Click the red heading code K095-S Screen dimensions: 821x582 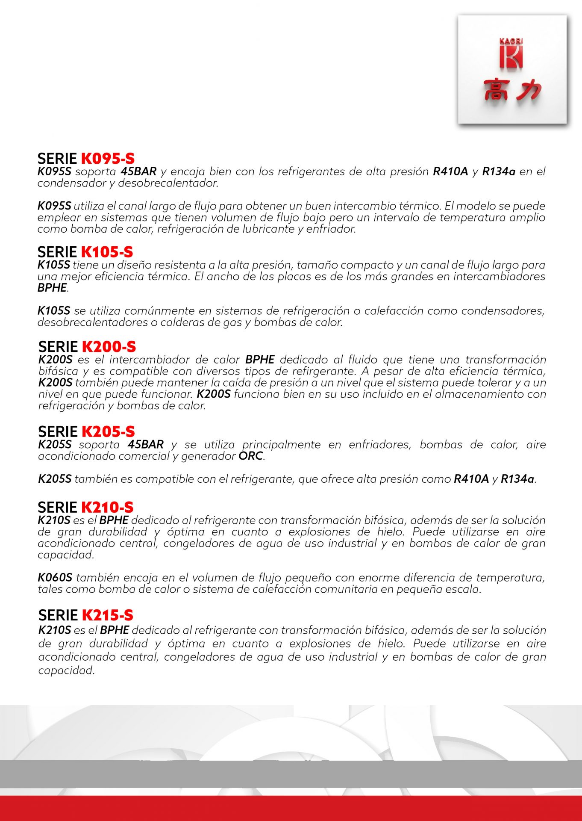[108, 159]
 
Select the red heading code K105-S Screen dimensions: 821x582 [107, 252]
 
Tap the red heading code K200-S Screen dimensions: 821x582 [109, 347]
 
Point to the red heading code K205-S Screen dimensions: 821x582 [108, 431]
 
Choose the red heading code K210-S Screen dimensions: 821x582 [107, 508]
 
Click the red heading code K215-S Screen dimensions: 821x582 [108, 615]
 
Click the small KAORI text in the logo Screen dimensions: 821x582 [511, 41]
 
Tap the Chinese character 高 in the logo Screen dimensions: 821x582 [496, 90]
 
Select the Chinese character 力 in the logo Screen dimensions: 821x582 [528, 90]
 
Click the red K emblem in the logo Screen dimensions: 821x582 [511, 57]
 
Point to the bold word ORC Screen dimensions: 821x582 [251, 456]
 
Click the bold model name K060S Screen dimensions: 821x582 [55, 578]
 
